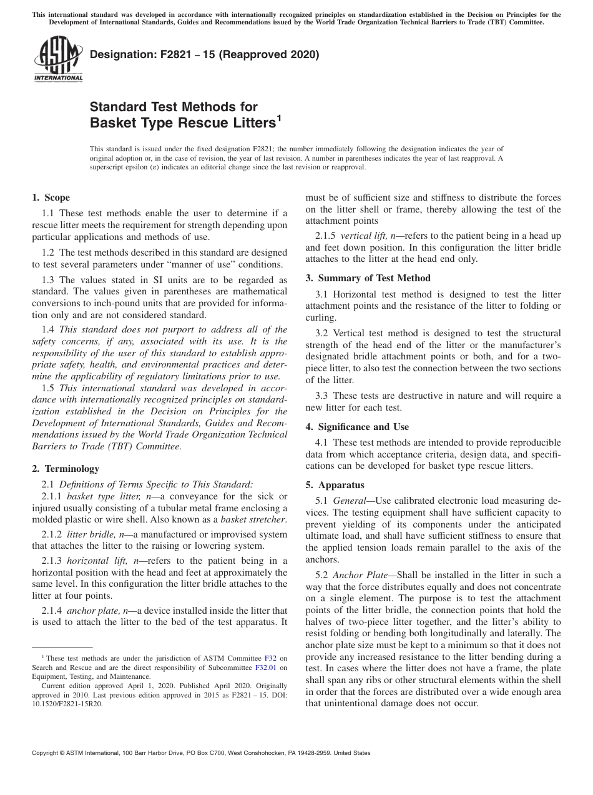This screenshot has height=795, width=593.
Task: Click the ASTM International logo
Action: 57,59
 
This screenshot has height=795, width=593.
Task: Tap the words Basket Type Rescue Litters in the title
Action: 182,122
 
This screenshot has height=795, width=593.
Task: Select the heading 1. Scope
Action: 51,197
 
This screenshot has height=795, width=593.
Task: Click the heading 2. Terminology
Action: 65,468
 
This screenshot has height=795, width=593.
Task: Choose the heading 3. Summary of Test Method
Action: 368,277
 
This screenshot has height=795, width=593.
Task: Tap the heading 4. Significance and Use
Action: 357,427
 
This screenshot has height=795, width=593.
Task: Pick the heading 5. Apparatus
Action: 335,484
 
